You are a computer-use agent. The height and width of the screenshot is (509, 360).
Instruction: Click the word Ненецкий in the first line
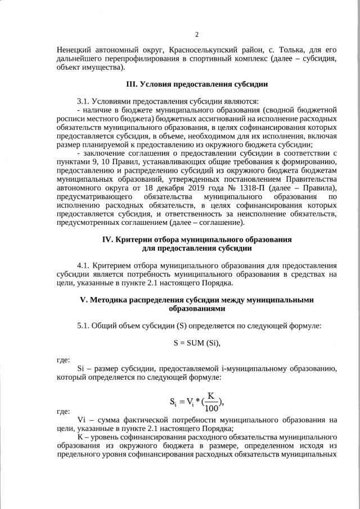(x=75, y=49)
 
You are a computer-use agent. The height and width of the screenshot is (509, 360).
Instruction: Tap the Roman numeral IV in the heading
(x=107, y=238)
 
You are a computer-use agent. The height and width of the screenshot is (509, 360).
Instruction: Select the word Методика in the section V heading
(x=109, y=300)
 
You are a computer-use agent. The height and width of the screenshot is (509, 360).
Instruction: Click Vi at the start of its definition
(x=81, y=420)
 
